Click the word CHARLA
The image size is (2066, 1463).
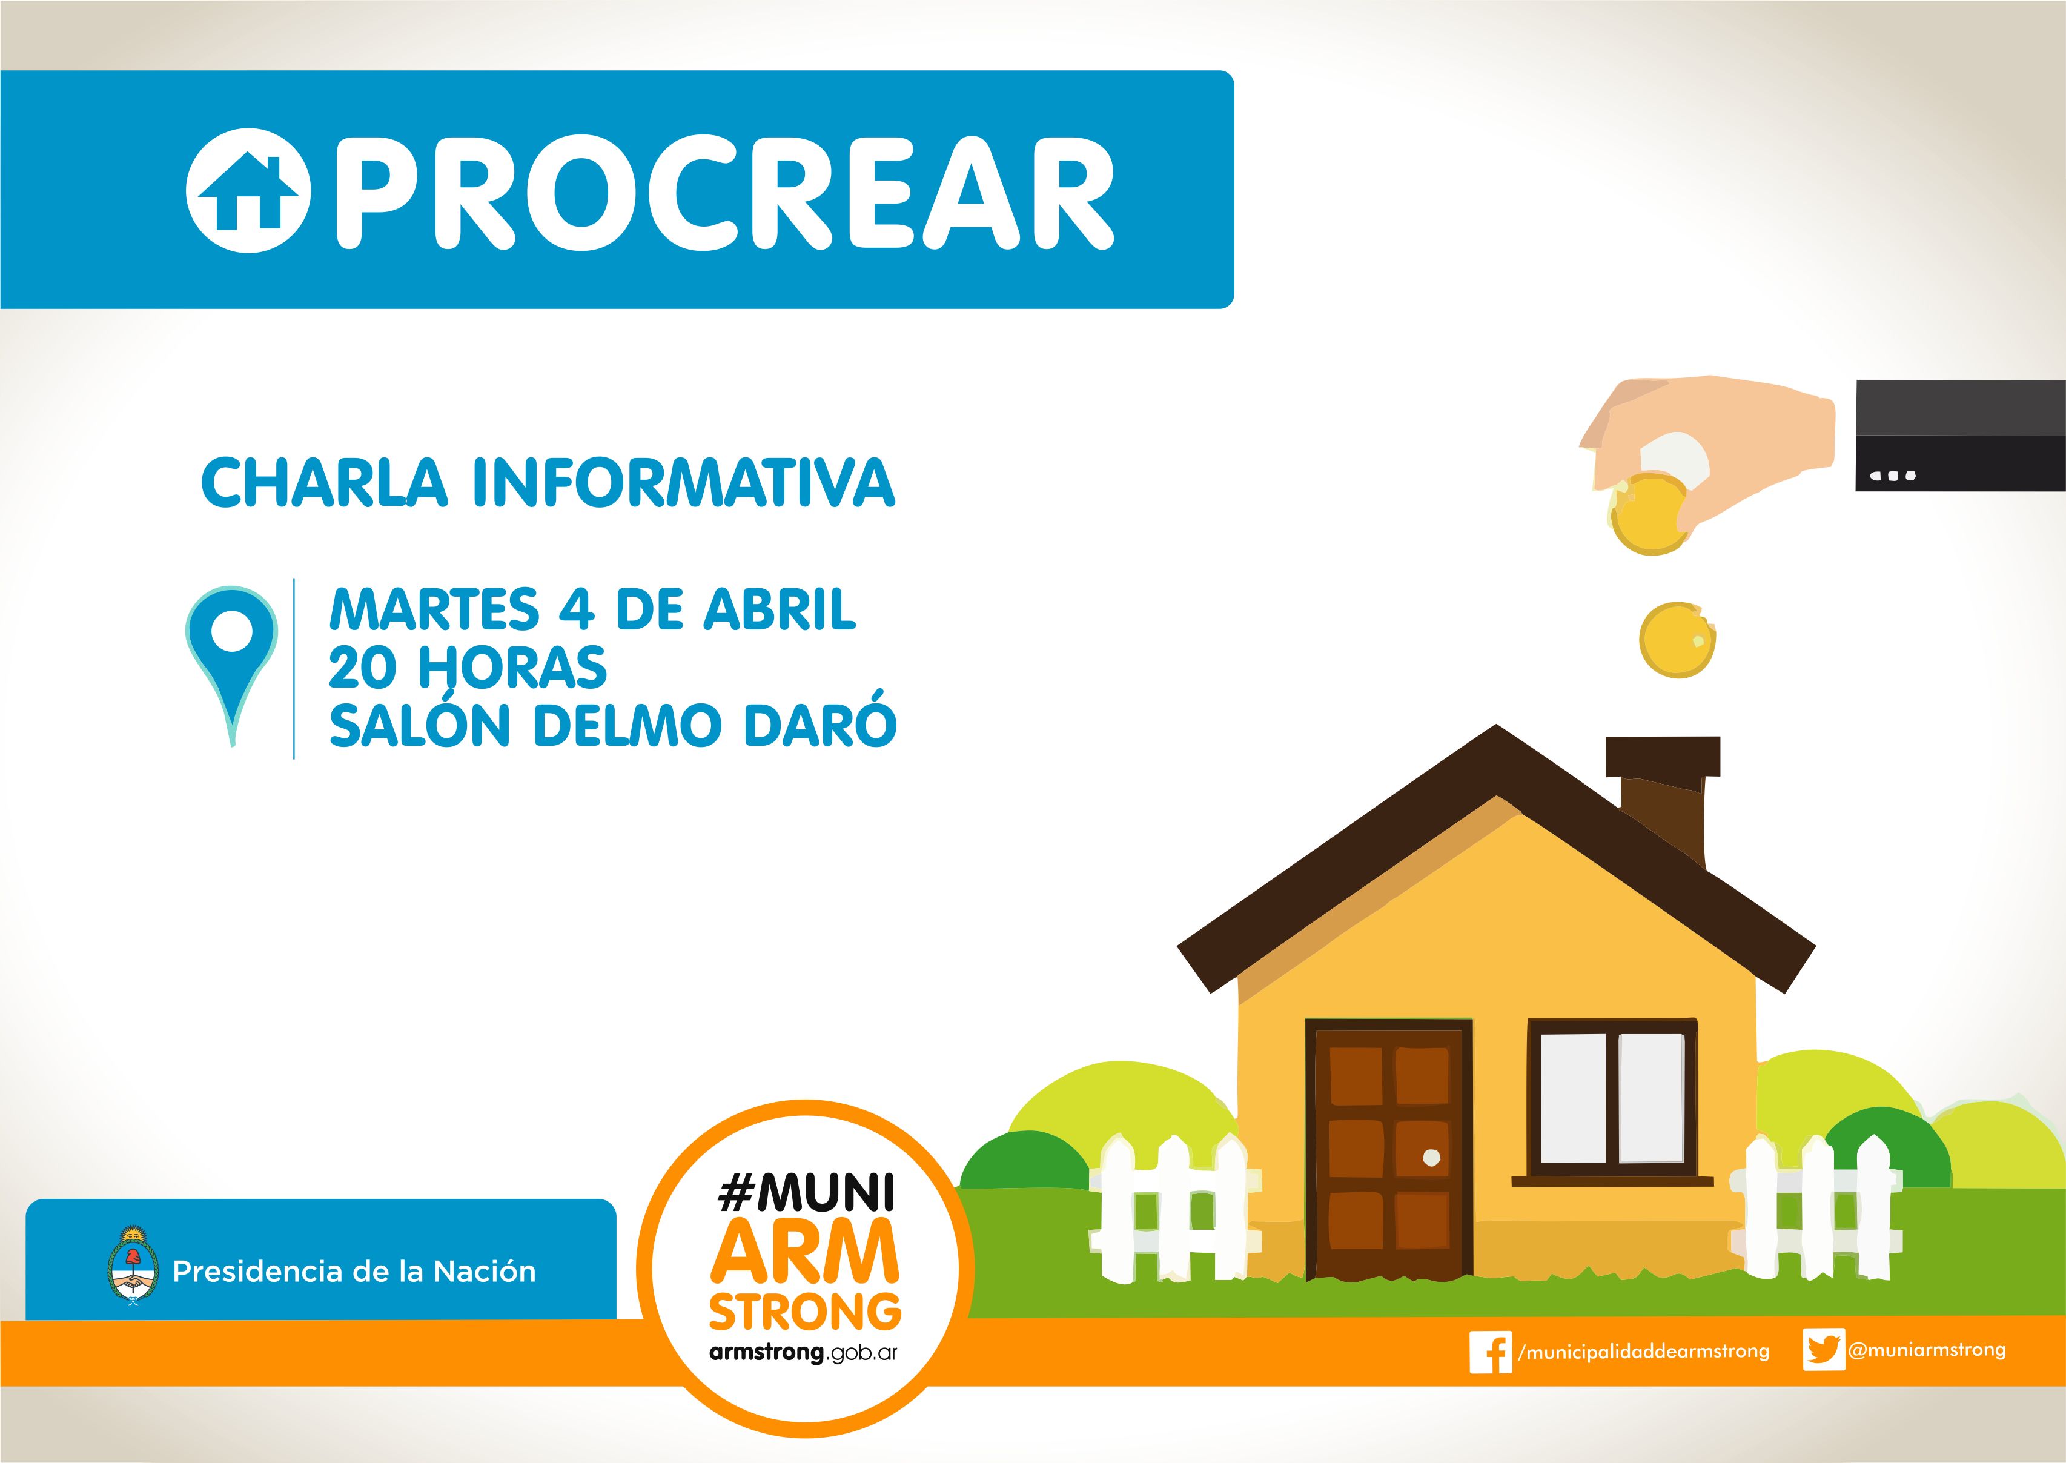(x=324, y=482)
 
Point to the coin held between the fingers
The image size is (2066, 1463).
(x=1647, y=514)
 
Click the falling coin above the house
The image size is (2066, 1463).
(x=1677, y=640)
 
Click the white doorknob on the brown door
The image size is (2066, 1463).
(x=1431, y=1158)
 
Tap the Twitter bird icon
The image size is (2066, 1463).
(x=1824, y=1350)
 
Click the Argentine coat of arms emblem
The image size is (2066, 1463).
(x=133, y=1265)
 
